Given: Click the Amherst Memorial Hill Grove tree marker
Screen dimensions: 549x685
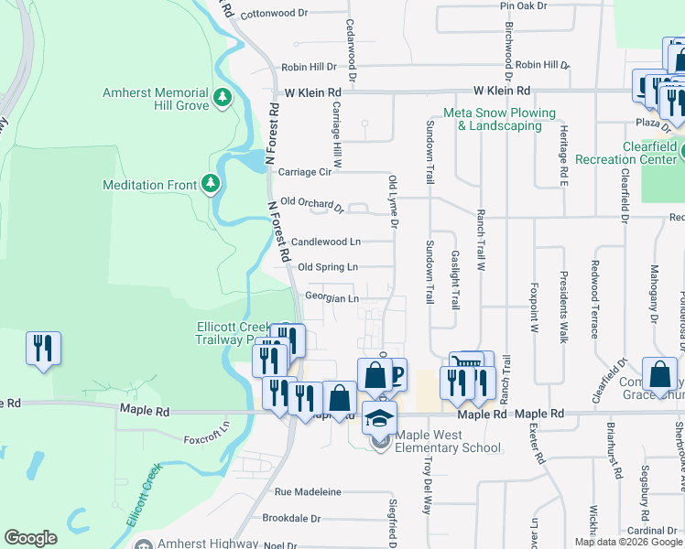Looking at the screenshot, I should click(x=222, y=97).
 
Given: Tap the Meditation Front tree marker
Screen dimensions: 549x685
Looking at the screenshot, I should click(x=211, y=185).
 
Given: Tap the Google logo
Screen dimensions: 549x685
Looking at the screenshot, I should click(x=30, y=538).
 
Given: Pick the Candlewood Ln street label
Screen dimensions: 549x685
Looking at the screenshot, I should click(x=326, y=242).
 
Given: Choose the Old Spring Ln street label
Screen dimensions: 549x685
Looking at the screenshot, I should click(x=328, y=267).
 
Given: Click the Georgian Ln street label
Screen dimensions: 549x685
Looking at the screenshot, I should click(x=332, y=297).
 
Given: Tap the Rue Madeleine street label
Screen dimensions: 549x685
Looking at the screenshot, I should click(x=308, y=492).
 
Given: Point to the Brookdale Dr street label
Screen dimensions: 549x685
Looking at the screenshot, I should click(x=291, y=518).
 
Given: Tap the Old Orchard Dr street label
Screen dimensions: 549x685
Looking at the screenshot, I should click(x=312, y=203).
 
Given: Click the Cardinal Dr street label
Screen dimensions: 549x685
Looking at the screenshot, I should click(x=653, y=531).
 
